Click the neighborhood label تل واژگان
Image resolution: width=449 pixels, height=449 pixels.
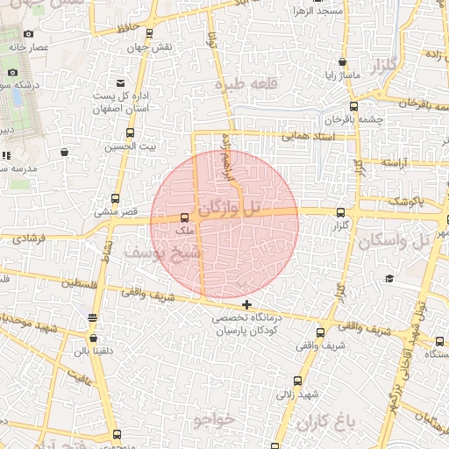click(230, 209)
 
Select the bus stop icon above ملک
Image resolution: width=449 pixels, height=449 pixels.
click(184, 218)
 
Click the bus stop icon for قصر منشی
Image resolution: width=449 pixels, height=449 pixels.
click(116, 199)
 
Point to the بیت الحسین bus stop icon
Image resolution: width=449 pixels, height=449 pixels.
click(131, 133)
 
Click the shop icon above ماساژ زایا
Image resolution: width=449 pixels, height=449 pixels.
click(341, 63)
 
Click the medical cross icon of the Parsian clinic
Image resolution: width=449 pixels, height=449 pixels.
click(246, 303)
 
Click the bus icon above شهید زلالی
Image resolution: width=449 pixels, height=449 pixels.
click(298, 381)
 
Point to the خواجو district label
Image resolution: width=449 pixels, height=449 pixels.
click(213, 420)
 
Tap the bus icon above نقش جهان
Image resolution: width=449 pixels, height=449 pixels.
click(149, 33)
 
